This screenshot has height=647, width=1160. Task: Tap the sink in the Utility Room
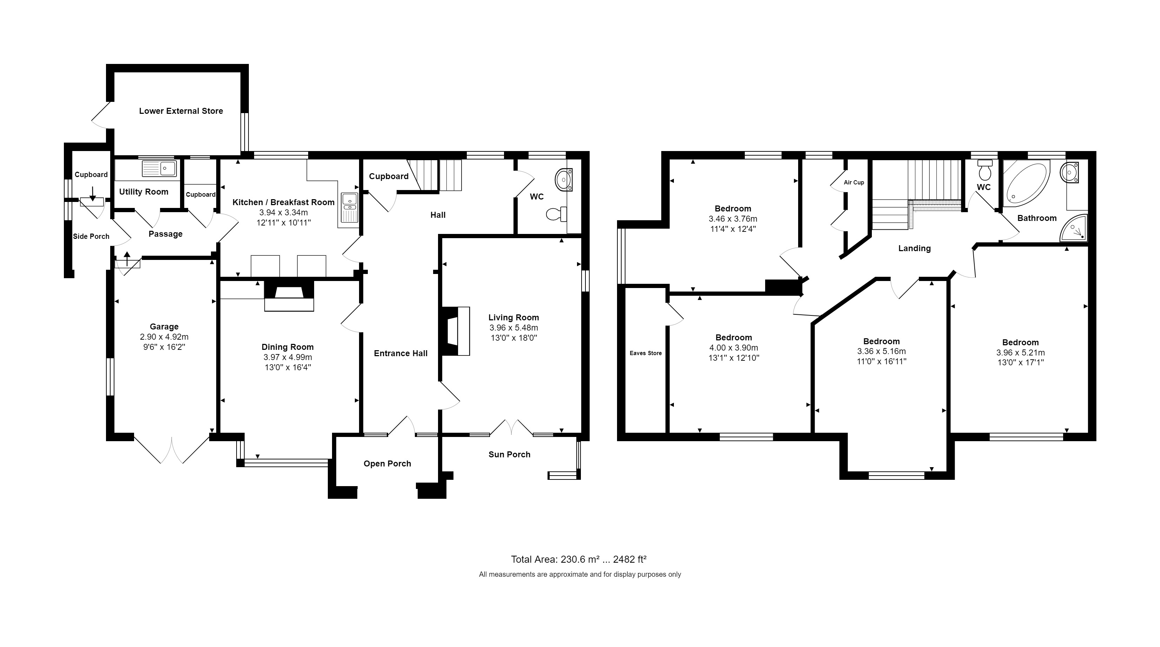(x=159, y=169)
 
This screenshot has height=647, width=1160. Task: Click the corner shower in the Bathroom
(x=1074, y=228)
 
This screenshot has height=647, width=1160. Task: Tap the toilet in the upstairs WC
(x=985, y=170)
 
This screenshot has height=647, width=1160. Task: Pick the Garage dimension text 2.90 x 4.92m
(x=164, y=337)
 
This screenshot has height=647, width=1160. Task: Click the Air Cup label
(x=854, y=183)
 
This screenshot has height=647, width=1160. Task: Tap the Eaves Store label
(x=645, y=353)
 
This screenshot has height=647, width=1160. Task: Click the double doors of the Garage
(x=172, y=450)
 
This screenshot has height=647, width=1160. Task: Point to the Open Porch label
(x=387, y=464)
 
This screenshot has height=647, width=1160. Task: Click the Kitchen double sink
(x=349, y=208)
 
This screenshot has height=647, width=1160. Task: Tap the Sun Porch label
(x=509, y=455)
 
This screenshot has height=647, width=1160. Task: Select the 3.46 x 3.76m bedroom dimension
(x=733, y=219)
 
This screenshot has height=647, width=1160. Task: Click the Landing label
(x=914, y=248)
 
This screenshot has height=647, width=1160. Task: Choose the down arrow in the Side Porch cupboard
(x=92, y=194)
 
